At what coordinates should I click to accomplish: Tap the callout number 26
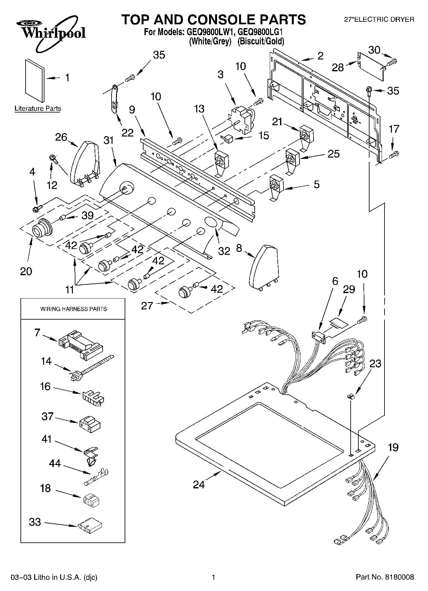point(61,137)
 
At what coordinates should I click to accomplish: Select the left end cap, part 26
point(84,163)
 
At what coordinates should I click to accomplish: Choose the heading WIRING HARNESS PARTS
point(73,309)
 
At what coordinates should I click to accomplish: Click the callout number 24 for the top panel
point(199,485)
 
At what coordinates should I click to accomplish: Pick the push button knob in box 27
point(185,291)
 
